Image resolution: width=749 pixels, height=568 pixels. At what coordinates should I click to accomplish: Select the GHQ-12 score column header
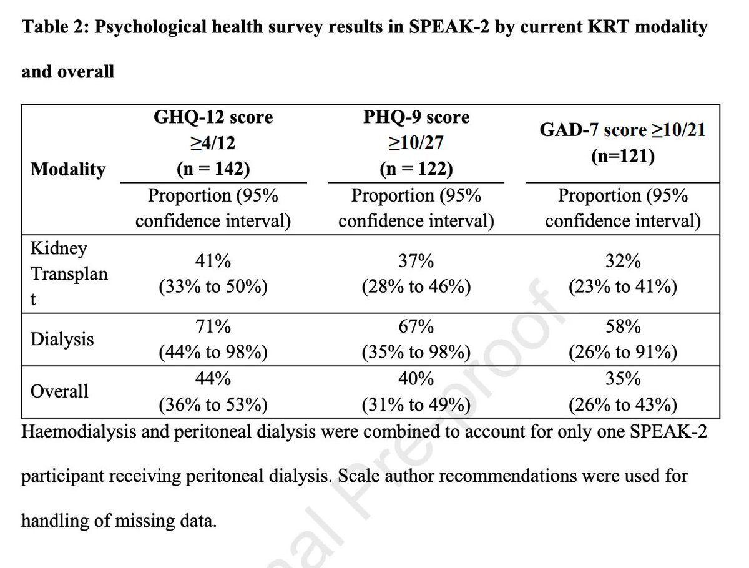213,117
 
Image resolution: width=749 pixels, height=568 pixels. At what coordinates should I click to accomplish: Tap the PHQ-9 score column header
416,117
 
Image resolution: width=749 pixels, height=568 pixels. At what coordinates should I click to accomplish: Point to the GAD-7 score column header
623,130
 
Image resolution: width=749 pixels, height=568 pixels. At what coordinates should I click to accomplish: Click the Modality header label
68,169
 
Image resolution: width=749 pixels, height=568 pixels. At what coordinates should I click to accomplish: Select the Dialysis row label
62,339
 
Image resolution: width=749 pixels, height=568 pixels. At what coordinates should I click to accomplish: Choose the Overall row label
59,391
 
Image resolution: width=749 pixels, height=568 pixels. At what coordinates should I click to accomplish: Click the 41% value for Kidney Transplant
213,262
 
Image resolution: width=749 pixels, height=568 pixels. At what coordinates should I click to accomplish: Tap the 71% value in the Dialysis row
213,327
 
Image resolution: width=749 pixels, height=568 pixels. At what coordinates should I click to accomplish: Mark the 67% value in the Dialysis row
416,327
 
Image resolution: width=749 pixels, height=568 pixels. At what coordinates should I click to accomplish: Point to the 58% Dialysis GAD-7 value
622,327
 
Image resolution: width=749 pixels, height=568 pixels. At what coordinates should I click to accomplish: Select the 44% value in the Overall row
213,379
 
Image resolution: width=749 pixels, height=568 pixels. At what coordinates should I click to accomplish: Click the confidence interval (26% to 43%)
622,405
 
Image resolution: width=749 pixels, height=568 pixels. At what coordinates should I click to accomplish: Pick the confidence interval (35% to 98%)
416,353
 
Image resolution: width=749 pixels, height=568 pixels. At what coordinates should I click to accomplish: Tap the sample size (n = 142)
213,169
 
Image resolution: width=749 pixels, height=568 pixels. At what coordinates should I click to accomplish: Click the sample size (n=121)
622,156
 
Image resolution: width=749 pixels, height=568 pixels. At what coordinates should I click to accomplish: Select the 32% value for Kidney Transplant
622,262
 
